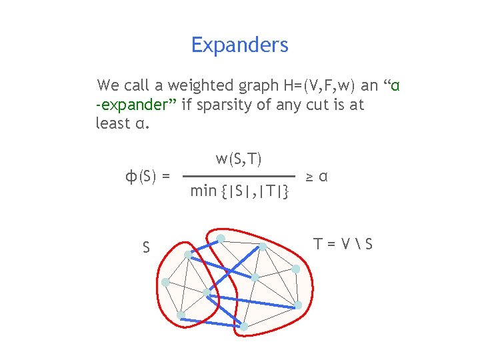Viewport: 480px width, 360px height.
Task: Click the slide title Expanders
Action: pyautogui.click(x=239, y=45)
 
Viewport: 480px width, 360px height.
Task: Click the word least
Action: pyautogui.click(x=109, y=123)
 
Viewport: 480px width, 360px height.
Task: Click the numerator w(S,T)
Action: pyautogui.click(x=239, y=159)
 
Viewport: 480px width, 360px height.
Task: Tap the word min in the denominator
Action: pyautogui.click(x=203, y=191)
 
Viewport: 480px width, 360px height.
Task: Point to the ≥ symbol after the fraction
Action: pyautogui.click(x=310, y=177)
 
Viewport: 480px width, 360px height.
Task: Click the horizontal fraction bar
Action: pyautogui.click(x=239, y=175)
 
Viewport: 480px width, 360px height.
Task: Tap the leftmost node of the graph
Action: pyautogui.click(x=165, y=282)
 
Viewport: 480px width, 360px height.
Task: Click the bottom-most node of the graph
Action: pyautogui.click(x=244, y=327)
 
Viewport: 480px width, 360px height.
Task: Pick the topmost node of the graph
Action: pyautogui.click(x=221, y=238)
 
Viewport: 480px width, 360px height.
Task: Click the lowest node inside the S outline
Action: pyautogui.click(x=181, y=315)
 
